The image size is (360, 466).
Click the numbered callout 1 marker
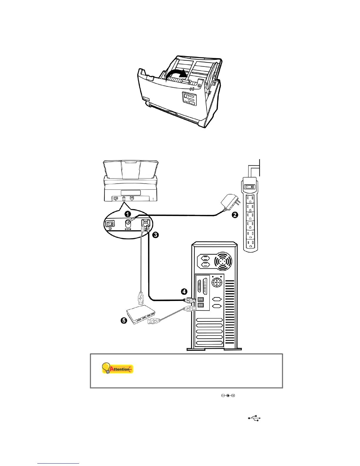coord(128,214)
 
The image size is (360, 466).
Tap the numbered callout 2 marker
coord(235,215)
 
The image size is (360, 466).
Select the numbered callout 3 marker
coord(155,234)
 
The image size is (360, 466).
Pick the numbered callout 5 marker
coord(124,320)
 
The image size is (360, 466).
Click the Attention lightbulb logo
coord(117,368)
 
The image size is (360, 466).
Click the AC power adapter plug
coord(230,203)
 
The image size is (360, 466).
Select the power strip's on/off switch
coord(250,187)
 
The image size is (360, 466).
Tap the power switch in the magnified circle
coord(110,224)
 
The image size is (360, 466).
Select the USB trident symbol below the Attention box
coord(254,418)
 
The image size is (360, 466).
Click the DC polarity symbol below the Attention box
coord(228,395)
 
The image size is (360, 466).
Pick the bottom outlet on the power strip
coord(250,244)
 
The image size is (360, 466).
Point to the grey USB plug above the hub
coord(141,298)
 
